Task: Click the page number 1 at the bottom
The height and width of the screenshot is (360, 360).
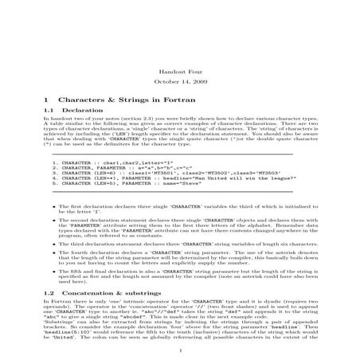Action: [180, 348]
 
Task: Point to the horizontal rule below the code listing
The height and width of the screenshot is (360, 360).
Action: [179, 192]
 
